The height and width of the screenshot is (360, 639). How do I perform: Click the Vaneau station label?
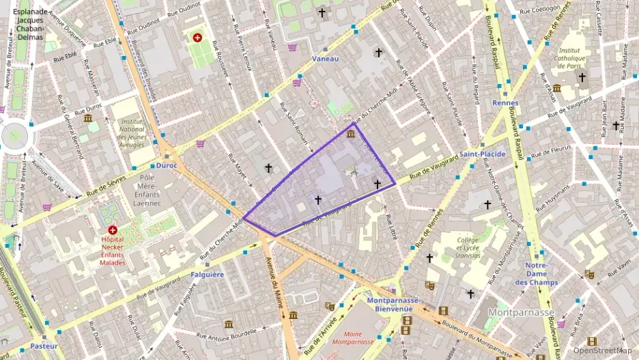point(325,59)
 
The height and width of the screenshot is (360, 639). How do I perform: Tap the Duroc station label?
point(167,165)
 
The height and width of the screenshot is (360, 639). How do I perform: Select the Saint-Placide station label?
point(482,154)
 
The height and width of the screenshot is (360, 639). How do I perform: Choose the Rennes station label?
point(505,103)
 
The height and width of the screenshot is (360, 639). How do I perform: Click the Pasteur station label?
point(44,346)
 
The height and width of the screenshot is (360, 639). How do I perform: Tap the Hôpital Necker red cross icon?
point(113,231)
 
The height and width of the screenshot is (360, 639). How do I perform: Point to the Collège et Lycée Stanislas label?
point(468,248)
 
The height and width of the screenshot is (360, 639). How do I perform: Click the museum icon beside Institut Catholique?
point(557,88)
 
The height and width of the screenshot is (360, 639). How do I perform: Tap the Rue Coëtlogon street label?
point(540,10)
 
